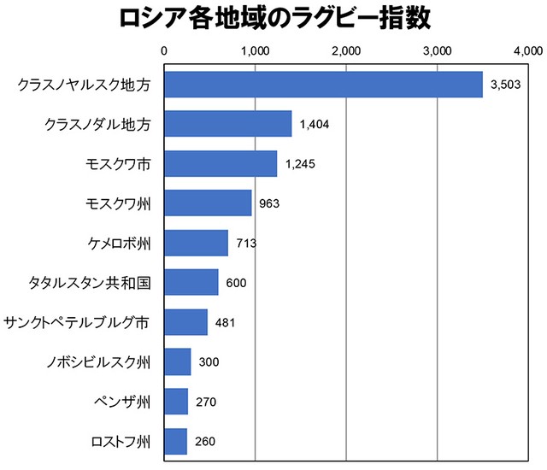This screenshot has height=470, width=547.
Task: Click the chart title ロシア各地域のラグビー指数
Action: pos(273,19)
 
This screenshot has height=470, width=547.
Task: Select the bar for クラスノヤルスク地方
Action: pos(323,85)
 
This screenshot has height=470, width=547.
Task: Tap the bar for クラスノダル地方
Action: pos(227,125)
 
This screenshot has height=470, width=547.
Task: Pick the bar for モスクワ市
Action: pos(221,164)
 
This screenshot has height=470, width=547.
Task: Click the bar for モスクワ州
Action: pos(208,203)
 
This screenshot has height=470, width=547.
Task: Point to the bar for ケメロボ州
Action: pos(196,244)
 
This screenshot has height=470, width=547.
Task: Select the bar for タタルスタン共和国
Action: pos(191,283)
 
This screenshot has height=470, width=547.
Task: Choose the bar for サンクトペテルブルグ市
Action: pos(185,322)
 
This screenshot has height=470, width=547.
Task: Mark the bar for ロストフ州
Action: pos(175,442)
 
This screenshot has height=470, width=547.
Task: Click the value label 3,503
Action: pos(505,85)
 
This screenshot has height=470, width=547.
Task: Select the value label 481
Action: pos(225,323)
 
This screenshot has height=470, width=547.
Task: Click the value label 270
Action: pos(206,402)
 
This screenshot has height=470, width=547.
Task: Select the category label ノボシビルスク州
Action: pos(98,362)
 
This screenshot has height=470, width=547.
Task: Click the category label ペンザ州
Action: pos(122,402)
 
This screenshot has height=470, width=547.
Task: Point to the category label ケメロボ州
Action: pos(120,244)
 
